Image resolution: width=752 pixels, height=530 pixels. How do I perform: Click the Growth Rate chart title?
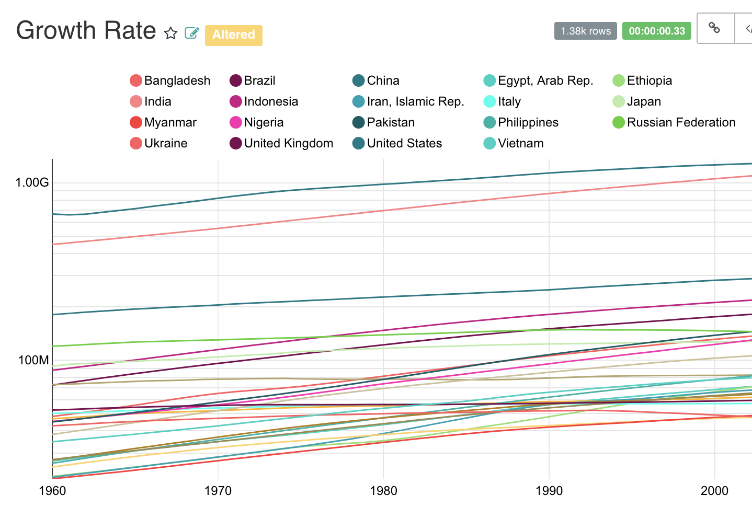(x=86, y=31)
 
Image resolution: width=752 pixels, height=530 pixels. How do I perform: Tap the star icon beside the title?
(x=170, y=33)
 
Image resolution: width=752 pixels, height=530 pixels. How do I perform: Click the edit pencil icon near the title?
(x=192, y=33)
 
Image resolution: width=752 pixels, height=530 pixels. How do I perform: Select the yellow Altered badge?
(x=233, y=35)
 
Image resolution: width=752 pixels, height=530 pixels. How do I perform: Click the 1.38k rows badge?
(x=585, y=31)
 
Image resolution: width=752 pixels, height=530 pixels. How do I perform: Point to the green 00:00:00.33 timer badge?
(x=656, y=31)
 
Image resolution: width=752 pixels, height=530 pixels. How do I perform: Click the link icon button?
(x=714, y=28)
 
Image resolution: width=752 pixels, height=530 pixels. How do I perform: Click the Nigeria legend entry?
(x=264, y=122)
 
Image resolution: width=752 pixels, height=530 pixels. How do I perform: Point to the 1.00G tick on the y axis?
(x=32, y=182)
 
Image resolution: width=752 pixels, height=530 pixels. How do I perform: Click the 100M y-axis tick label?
(x=33, y=360)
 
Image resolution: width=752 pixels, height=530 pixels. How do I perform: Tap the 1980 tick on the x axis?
(x=383, y=491)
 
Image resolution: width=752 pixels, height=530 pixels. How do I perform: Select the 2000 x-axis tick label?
(x=714, y=491)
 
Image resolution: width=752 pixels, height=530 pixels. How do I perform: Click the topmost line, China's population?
(x=383, y=184)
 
